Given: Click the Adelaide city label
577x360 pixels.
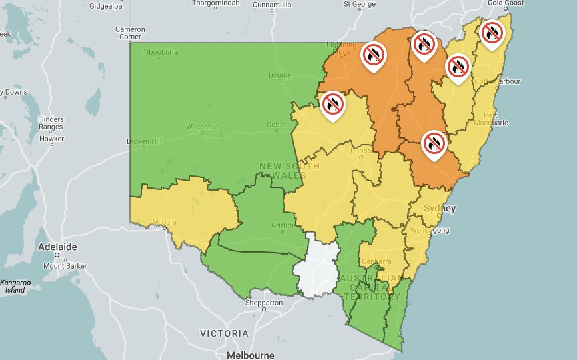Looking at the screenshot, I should pos(57,247).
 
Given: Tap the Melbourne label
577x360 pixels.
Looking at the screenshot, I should pos(250,355).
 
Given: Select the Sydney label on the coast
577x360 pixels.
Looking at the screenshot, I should pos(440,209).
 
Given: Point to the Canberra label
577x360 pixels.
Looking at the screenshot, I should pos(376,261).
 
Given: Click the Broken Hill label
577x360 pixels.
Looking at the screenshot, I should pos(144,141).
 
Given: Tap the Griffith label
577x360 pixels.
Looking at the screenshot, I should pos(283,225).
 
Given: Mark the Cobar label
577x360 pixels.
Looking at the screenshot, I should pos(276,125).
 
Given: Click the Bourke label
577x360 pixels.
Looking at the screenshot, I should pos(280,75).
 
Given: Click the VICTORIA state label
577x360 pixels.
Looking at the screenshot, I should pos(224,333).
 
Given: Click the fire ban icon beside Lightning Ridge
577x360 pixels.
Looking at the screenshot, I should pos(374,55).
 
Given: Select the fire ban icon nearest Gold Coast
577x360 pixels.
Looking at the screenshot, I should pos(492,32).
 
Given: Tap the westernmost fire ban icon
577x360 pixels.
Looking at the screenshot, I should pos(333,104).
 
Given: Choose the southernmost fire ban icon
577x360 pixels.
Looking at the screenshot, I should pos(434,143).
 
